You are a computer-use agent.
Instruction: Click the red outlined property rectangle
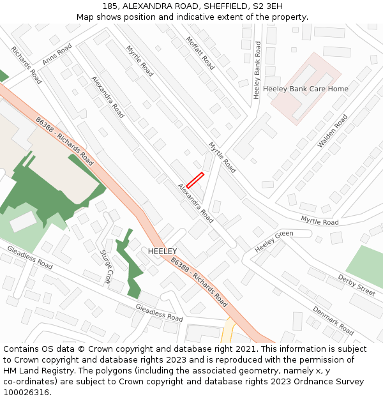(195, 180)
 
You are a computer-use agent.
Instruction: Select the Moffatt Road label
(200, 52)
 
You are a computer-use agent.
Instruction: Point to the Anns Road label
(57, 54)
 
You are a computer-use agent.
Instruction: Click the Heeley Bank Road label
(257, 70)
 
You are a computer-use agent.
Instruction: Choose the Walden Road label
(333, 132)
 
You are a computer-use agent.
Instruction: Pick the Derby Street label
(357, 285)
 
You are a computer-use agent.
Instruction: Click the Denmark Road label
(333, 320)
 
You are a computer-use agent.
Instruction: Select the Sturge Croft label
(106, 266)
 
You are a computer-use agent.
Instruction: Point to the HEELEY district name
(162, 252)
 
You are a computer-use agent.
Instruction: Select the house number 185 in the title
(110, 6)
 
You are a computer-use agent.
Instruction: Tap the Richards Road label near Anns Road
(26, 65)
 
